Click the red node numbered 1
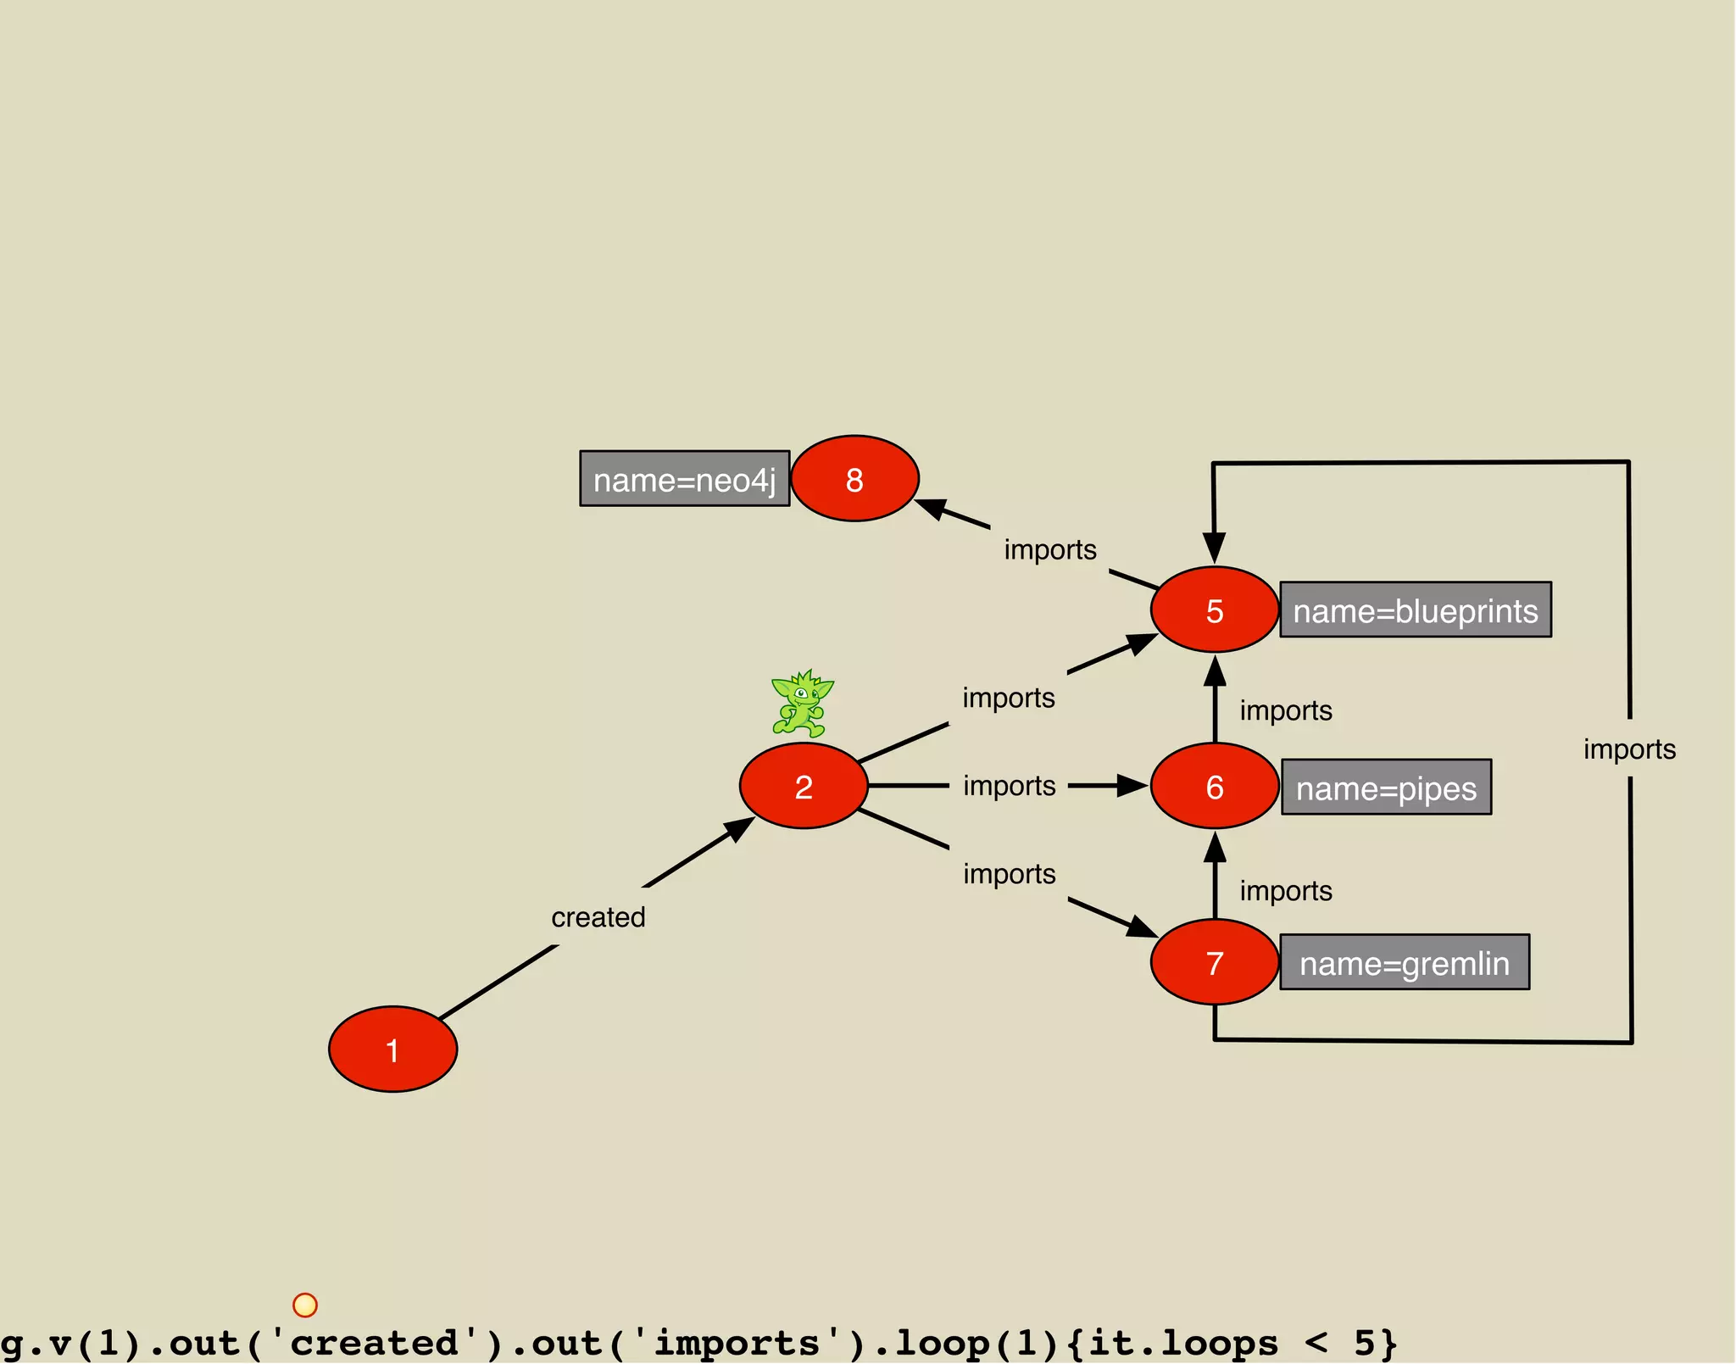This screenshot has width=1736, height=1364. [x=392, y=1049]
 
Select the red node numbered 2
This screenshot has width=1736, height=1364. [x=804, y=787]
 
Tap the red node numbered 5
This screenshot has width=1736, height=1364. [x=1215, y=610]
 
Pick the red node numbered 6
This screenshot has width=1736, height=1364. [x=1215, y=787]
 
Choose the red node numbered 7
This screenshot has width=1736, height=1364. [x=1215, y=962]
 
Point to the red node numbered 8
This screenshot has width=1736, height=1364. [x=854, y=479]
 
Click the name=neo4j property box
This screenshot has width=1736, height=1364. [x=684, y=479]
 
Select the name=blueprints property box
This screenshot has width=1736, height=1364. [x=1415, y=610]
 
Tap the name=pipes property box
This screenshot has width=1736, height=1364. [x=1386, y=788]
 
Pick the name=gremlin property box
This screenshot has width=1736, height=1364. [x=1405, y=963]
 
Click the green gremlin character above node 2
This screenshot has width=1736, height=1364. [x=801, y=704]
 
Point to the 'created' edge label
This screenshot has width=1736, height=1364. [x=598, y=917]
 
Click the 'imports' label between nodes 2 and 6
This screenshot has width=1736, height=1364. [x=1009, y=786]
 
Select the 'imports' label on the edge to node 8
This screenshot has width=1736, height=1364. [x=1050, y=549]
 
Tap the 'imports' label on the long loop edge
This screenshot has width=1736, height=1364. [x=1629, y=749]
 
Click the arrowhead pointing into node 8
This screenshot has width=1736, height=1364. [x=931, y=508]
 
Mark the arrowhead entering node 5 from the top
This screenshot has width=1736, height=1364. [x=1215, y=547]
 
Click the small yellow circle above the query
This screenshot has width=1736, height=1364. [x=305, y=1305]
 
